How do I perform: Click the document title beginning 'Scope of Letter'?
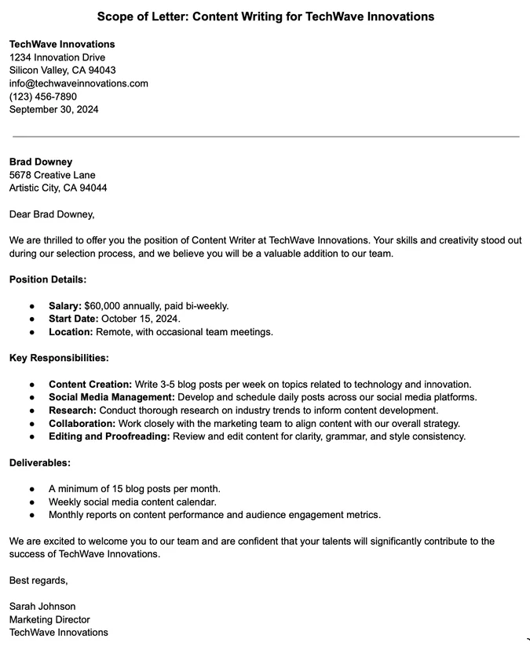click(265, 16)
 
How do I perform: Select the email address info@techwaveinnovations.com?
click(79, 83)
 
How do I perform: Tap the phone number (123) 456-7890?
click(43, 97)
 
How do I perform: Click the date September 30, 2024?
click(54, 109)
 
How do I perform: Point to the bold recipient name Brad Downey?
click(41, 162)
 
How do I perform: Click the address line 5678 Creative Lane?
click(52, 175)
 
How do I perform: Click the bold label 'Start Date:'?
click(73, 319)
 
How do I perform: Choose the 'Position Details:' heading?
click(48, 279)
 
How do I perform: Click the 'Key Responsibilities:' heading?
click(59, 358)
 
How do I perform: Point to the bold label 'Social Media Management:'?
click(111, 397)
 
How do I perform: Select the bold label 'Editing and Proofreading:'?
click(109, 436)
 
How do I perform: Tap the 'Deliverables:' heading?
click(40, 463)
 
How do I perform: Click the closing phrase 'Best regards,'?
click(38, 580)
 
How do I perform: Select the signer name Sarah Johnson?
click(42, 606)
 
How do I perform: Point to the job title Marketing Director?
click(49, 619)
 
